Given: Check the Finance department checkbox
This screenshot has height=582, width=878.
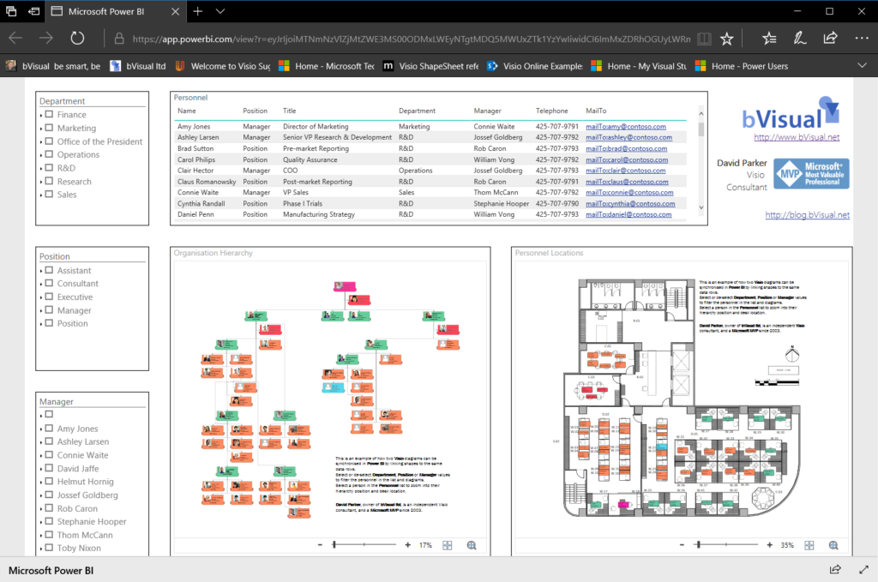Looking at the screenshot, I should point(49,115).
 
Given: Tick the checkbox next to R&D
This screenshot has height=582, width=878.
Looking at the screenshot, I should point(49,168).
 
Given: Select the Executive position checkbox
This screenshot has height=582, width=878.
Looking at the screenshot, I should point(49,297).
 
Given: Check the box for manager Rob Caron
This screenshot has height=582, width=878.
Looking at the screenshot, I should point(49,509).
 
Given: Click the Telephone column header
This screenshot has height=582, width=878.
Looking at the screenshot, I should point(551,111).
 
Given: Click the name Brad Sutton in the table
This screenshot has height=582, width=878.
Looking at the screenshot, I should point(195,148).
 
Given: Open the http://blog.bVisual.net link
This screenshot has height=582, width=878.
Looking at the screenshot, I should point(807,215).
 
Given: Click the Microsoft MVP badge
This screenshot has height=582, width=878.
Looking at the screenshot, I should point(810,173).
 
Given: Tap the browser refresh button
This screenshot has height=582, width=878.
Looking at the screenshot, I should point(77,39).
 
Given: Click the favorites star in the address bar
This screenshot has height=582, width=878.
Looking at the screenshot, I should point(726,39).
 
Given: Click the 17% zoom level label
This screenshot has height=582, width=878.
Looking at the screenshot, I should point(425,545).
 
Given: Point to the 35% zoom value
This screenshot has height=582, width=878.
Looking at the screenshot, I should point(786,545).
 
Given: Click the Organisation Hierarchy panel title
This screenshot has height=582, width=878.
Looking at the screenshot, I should point(213,253).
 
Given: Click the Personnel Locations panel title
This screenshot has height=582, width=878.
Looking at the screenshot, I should point(549,253).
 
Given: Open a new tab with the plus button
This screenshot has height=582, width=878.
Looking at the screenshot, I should point(198,11).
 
